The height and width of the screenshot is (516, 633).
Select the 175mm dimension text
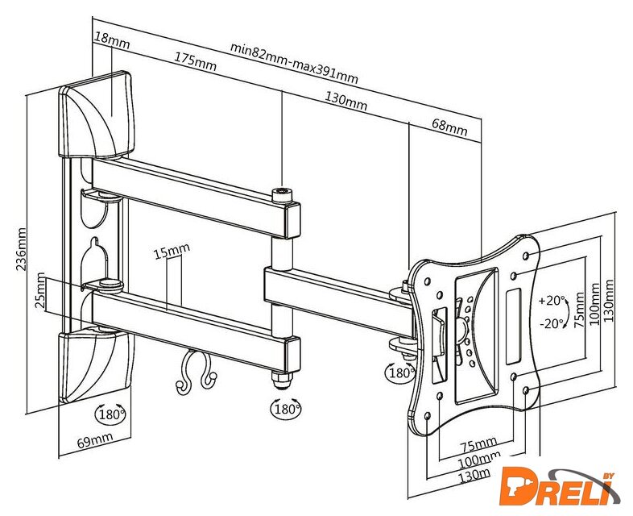tap(194, 62)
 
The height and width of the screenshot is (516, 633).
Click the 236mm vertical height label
tap(23, 250)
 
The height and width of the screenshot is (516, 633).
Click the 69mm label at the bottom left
tap(94, 440)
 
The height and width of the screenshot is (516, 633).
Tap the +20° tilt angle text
tap(552, 300)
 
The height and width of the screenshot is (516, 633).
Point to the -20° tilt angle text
tap(552, 325)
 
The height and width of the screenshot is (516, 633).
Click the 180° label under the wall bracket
tap(110, 414)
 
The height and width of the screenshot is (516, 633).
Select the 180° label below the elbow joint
tap(286, 410)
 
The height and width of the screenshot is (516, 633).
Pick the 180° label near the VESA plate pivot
tap(401, 373)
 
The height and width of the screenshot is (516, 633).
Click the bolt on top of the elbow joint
tap(282, 194)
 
